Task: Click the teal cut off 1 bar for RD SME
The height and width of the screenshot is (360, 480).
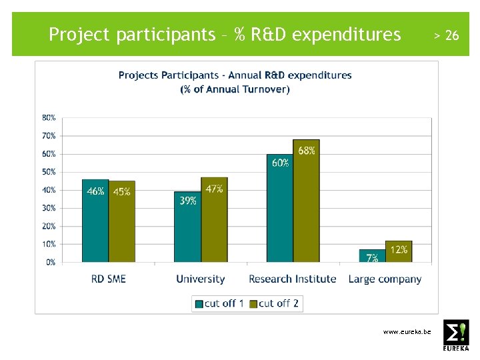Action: [95, 221]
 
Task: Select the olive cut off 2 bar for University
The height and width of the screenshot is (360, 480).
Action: [214, 220]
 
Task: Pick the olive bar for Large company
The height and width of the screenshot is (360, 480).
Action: [399, 252]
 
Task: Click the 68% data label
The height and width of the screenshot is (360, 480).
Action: [307, 151]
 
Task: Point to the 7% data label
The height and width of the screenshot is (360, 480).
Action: [372, 257]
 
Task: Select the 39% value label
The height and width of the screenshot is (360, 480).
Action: [188, 201]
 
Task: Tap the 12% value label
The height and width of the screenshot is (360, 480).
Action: [399, 249]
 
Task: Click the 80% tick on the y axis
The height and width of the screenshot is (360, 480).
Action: [49, 117]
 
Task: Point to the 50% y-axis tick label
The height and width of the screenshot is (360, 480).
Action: [49, 172]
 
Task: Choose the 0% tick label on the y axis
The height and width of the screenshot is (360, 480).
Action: [51, 263]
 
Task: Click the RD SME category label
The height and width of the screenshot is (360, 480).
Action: [109, 279]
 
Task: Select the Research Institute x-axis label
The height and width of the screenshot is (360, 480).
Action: [292, 279]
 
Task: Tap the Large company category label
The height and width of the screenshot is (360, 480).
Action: [385, 279]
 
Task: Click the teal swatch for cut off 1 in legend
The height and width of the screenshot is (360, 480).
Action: [199, 304]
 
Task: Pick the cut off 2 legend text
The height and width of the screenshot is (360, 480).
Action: [279, 303]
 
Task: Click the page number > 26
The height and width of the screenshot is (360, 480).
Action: [446, 35]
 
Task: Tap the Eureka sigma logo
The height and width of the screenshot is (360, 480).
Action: [456, 335]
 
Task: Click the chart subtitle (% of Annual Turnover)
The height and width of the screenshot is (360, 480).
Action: [235, 89]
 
